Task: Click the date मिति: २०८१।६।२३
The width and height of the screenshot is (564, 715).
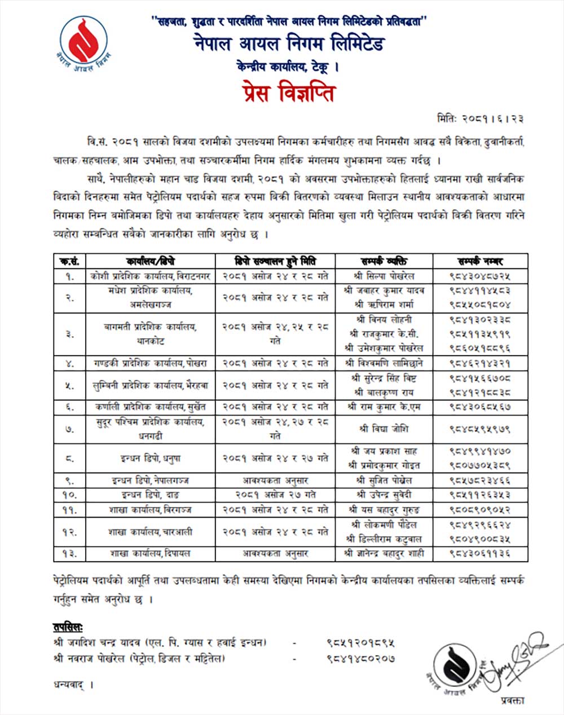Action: point(483,119)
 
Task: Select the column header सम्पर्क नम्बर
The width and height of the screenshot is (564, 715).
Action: point(480,261)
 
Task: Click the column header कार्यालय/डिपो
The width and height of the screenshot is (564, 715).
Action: point(151,261)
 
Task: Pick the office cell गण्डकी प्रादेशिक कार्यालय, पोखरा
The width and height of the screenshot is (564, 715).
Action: point(151,363)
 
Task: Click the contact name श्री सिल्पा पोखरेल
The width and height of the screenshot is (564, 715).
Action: point(384,276)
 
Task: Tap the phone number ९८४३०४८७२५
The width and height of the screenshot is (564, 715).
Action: point(480,276)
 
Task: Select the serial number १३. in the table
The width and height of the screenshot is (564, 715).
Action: point(70,554)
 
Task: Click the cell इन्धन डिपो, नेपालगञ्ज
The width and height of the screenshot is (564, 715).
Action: point(151,480)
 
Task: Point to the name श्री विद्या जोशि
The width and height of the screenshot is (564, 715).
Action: point(384,429)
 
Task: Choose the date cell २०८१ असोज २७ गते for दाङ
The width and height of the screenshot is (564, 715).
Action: point(275,495)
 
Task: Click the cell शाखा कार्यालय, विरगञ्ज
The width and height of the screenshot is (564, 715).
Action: point(151,510)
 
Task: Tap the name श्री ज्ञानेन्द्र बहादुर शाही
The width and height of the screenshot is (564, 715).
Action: point(384,554)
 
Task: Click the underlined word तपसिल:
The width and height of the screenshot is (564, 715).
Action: point(68,627)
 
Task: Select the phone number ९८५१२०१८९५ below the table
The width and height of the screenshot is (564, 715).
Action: point(360,643)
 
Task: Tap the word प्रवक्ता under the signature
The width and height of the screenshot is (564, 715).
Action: point(512,700)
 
